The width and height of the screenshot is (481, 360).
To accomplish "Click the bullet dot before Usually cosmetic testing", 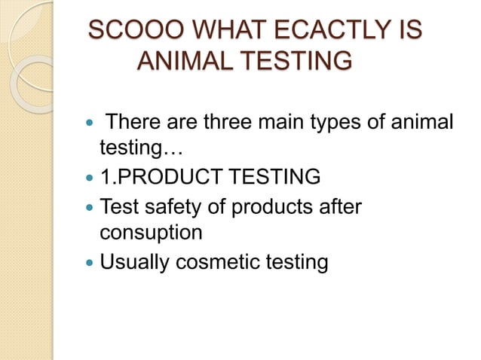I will (88, 261).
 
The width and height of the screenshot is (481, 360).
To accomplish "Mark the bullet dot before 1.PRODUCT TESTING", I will (88, 178).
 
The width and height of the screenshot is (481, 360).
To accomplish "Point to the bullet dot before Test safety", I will (88, 206).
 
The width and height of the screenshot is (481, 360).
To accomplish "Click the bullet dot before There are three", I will (88, 123).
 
